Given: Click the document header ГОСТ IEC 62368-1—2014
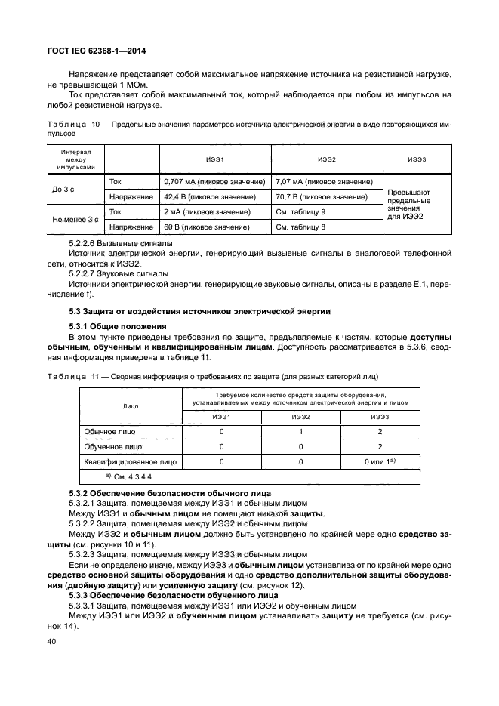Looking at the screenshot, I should (x=97, y=51).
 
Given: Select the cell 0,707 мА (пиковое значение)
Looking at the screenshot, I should (x=214, y=182).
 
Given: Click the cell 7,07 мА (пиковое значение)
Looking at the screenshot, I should (x=324, y=182).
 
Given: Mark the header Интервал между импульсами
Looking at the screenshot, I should (x=75, y=159).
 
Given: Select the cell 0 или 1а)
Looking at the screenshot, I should (x=380, y=461).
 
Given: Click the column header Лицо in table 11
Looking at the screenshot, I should (x=130, y=405).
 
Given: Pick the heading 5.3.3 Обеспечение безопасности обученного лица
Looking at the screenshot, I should (x=165, y=596).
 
